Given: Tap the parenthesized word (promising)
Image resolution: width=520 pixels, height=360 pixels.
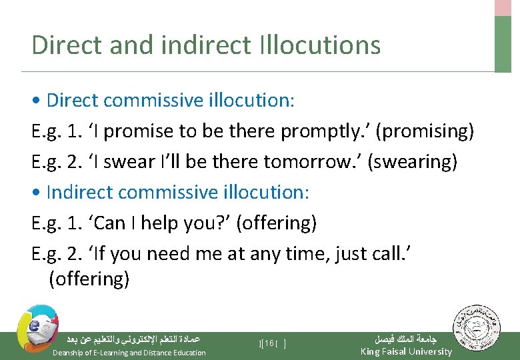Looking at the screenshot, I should pos(425,131).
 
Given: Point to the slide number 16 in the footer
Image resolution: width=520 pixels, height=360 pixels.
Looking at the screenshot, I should pos(270,344).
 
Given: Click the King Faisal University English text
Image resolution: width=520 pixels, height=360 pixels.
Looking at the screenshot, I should pos(406,352).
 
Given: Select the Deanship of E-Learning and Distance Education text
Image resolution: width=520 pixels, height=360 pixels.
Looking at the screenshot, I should pos(129,353).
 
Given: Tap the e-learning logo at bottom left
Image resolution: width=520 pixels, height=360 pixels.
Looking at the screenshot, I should pos(37,326).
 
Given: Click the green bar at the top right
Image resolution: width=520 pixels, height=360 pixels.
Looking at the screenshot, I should pos(503,43).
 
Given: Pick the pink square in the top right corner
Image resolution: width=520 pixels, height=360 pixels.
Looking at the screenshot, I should pos(503,7).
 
